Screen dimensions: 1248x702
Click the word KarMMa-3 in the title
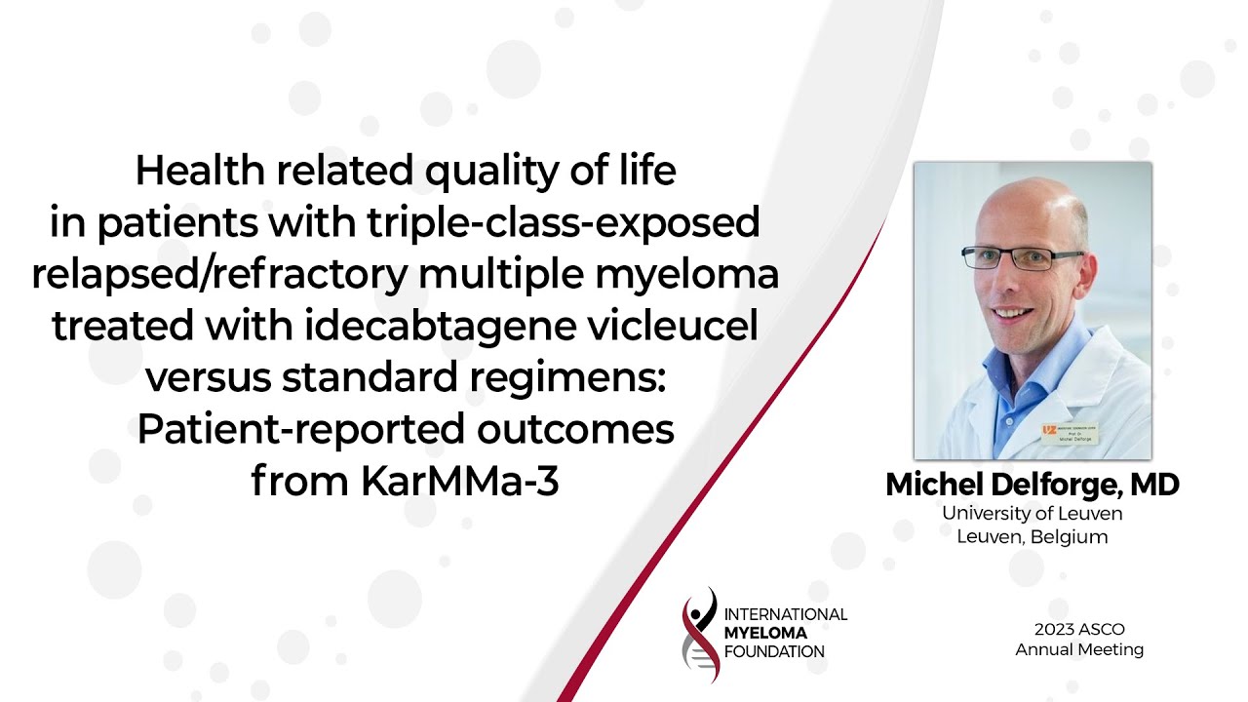(459, 481)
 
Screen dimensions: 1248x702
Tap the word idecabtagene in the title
(440, 326)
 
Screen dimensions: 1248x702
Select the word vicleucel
(673, 326)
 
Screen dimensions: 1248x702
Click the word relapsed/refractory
(219, 274)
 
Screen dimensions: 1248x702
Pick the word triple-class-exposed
(564, 221)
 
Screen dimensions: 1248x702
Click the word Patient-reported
(301, 429)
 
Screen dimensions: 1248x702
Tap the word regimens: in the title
(567, 377)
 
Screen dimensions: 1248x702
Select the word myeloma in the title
(686, 274)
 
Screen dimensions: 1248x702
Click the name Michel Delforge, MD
(1033, 484)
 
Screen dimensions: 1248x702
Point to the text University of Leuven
(1033, 513)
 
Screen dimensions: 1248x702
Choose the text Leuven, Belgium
(1033, 536)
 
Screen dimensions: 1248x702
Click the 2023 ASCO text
(1079, 629)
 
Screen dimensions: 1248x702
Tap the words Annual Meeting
(1079, 649)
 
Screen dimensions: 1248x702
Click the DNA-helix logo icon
(701, 635)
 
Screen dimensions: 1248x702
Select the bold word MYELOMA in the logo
(765, 633)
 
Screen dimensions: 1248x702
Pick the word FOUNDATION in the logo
(774, 651)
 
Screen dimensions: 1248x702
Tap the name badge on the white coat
(1070, 434)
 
